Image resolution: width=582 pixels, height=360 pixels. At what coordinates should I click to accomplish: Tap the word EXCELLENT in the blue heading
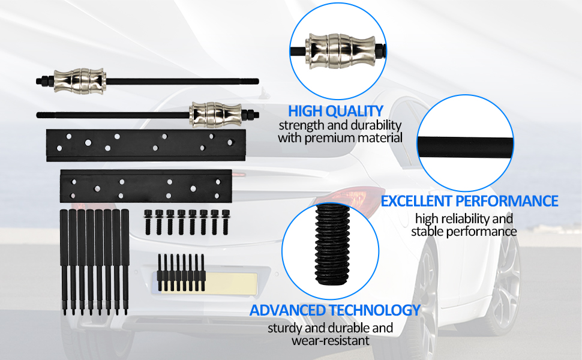(416, 201)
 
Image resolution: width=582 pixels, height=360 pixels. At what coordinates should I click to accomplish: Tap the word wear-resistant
(331, 341)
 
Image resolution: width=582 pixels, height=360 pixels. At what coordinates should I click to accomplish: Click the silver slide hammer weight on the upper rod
(80, 81)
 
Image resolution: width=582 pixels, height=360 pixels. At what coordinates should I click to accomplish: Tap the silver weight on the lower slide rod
(215, 115)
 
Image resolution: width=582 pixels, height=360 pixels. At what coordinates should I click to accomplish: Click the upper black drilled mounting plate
(146, 145)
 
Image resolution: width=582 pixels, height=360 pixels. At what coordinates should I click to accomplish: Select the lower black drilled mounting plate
(146, 187)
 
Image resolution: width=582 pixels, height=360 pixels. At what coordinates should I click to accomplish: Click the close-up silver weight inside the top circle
(340, 51)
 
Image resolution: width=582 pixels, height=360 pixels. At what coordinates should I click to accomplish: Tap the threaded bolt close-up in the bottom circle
(332, 245)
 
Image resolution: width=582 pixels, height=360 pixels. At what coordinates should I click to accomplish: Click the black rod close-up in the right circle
(465, 145)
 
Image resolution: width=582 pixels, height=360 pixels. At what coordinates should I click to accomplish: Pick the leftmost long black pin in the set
(64, 262)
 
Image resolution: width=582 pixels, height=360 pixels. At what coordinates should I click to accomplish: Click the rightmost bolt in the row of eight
(226, 222)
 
